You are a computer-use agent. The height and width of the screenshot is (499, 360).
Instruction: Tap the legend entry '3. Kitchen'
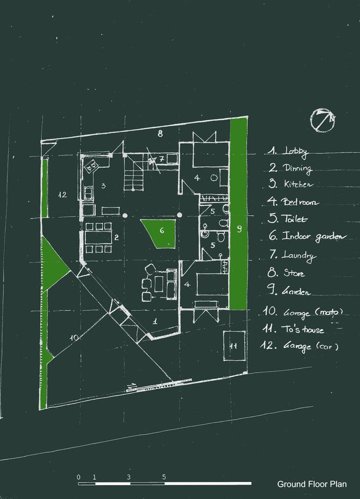291,184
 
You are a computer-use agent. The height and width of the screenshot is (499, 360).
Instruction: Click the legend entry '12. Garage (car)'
300,345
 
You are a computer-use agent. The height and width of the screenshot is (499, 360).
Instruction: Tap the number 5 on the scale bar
164,477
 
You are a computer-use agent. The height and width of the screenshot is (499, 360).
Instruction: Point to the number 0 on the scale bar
79,477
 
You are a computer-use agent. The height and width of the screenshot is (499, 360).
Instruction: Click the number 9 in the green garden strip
239,229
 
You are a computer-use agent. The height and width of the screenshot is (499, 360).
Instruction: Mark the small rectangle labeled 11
232,345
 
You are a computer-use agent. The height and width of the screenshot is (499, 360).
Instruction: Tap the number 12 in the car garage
62,194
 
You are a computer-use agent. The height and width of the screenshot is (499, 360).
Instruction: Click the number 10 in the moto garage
74,337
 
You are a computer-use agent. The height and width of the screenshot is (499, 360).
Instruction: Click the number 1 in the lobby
155,321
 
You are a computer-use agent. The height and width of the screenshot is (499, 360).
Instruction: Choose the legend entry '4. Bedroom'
293,202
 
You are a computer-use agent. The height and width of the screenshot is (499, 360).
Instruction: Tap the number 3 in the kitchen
103,186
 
